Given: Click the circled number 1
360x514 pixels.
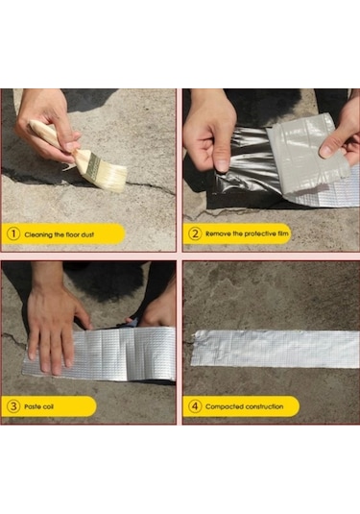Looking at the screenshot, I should [x=14, y=233].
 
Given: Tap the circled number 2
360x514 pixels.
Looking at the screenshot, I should [x=195, y=233].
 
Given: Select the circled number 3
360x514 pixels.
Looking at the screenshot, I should [x=14, y=405].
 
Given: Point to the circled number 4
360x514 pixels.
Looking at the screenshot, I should [x=195, y=405].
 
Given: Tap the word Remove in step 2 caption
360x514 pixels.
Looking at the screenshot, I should [x=219, y=233].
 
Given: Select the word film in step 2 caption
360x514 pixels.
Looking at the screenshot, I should [x=280, y=233].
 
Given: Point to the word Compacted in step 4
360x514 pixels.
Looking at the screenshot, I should [x=226, y=405].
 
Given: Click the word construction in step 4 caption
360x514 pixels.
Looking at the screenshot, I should [x=265, y=405].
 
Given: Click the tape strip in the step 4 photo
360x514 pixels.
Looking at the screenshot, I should [x=274, y=348].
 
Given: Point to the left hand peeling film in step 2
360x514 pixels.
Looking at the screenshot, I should [x=211, y=130].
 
